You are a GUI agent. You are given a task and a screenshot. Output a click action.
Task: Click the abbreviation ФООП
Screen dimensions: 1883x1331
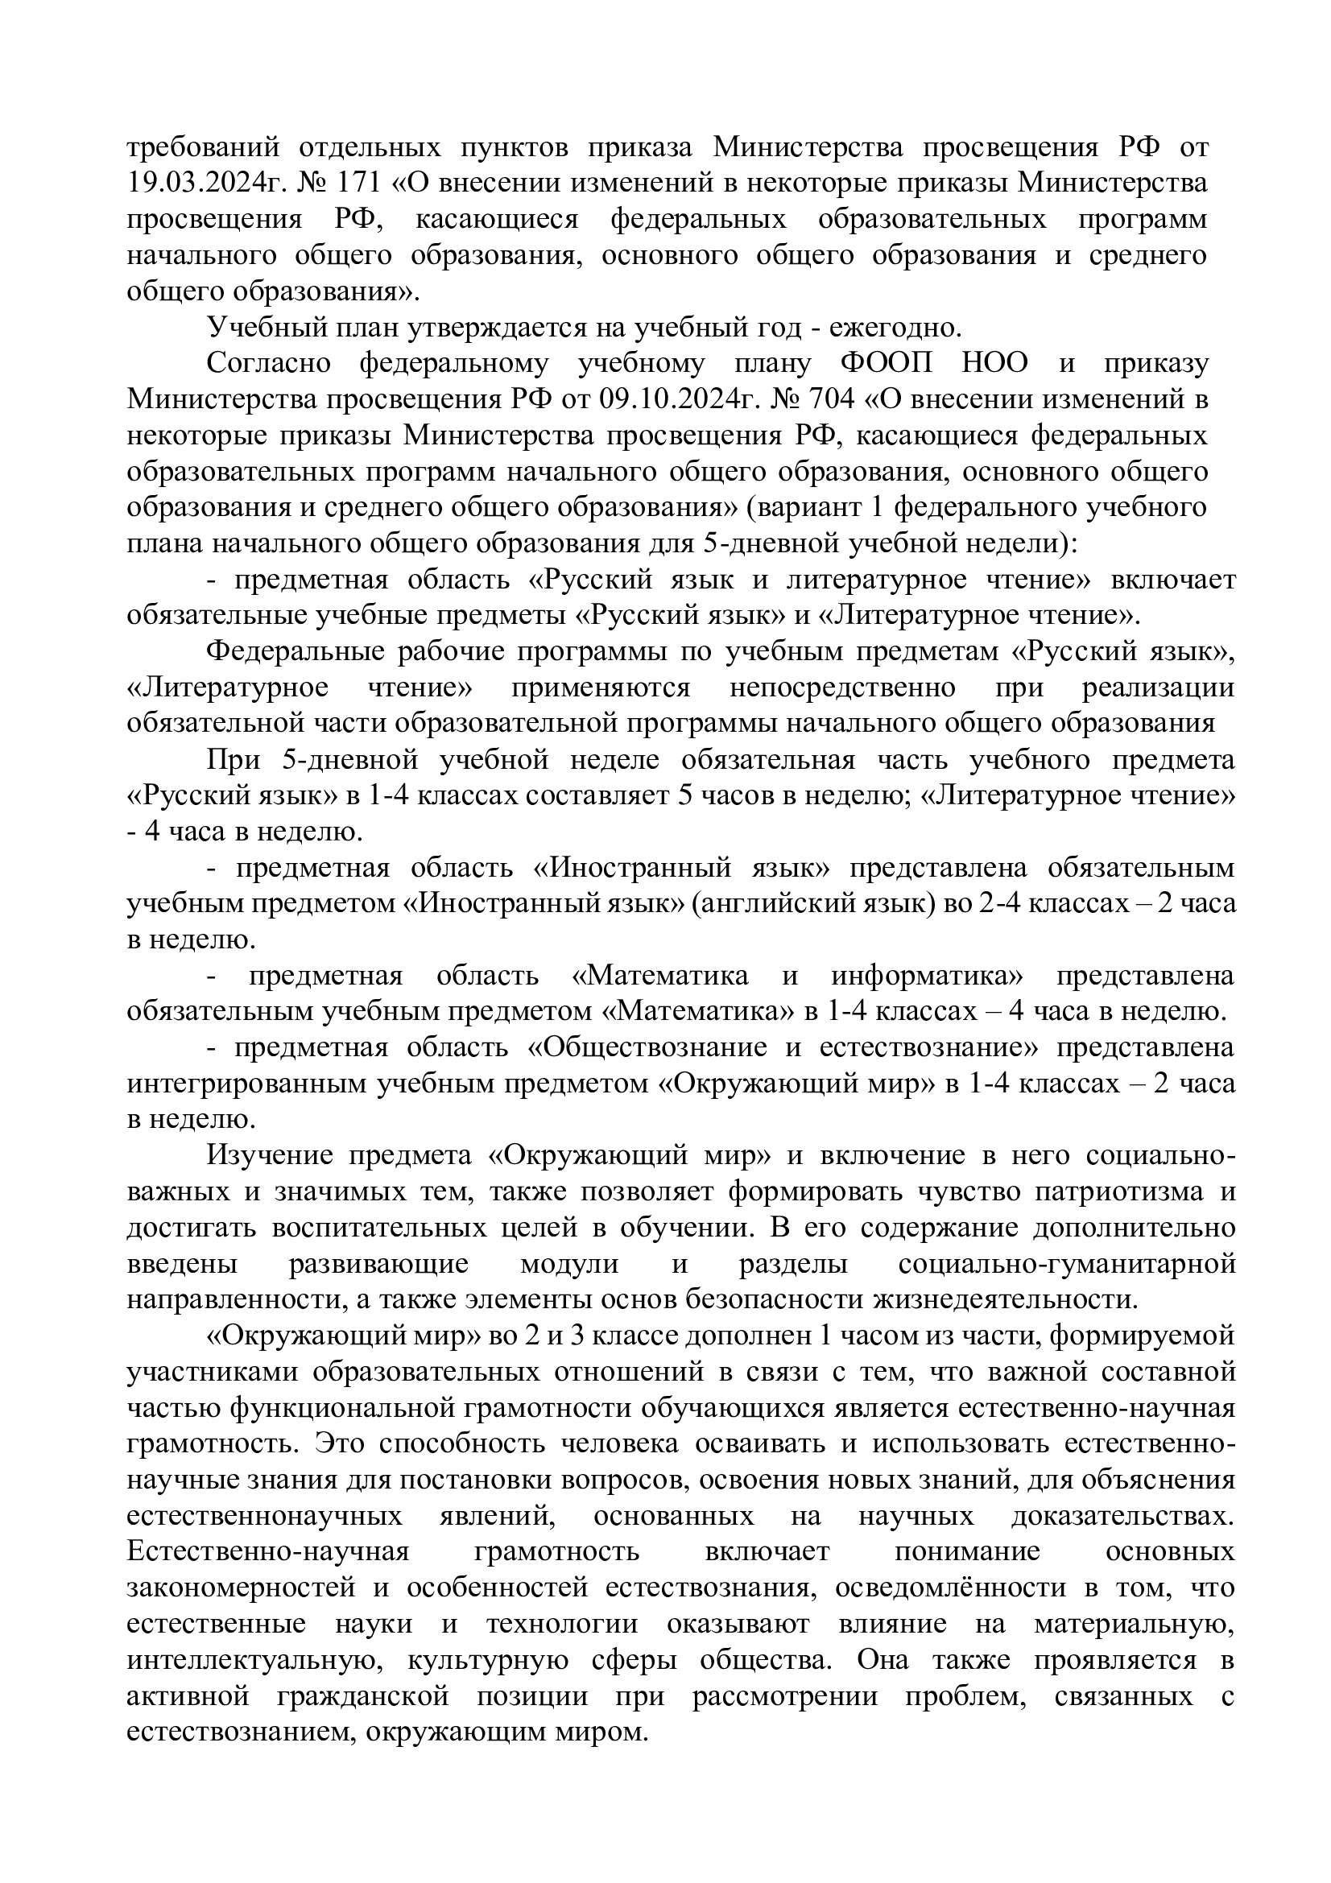point(887,364)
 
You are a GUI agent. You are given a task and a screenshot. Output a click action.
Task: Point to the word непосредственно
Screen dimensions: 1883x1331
point(841,688)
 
